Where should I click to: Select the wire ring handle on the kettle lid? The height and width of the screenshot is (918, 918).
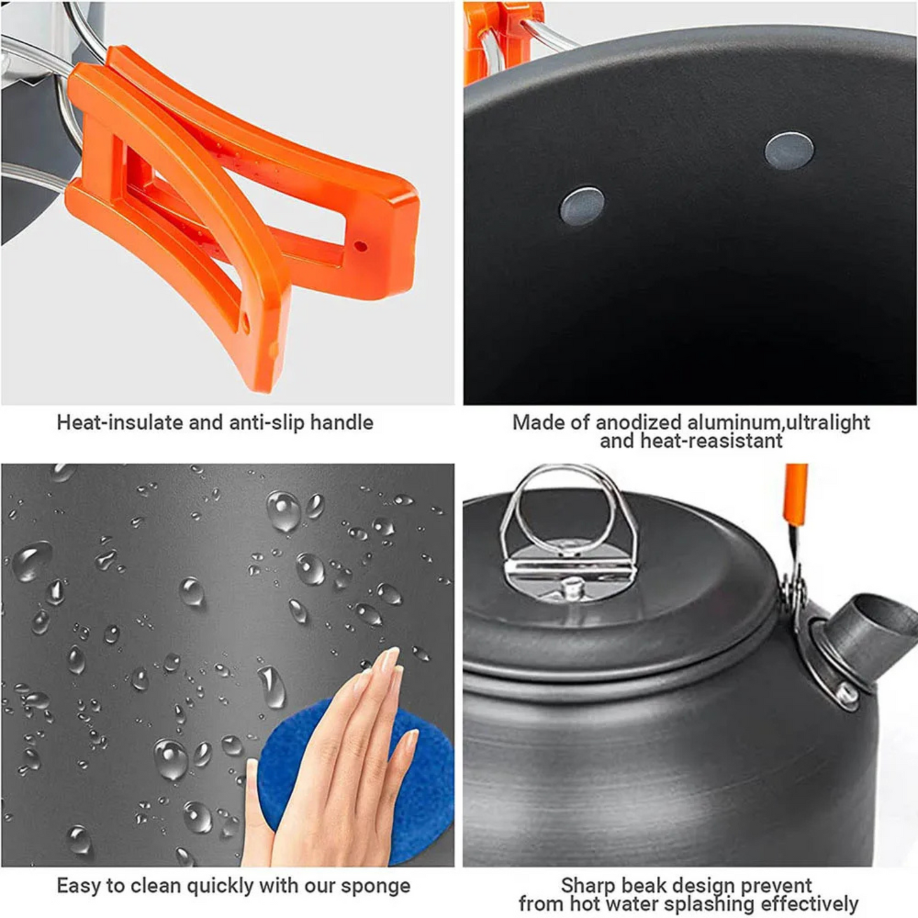pyautogui.click(x=569, y=508)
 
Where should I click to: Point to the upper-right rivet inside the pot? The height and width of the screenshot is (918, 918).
pyautogui.click(x=789, y=150)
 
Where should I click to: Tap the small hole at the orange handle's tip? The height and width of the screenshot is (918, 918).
pyautogui.click(x=360, y=246)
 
